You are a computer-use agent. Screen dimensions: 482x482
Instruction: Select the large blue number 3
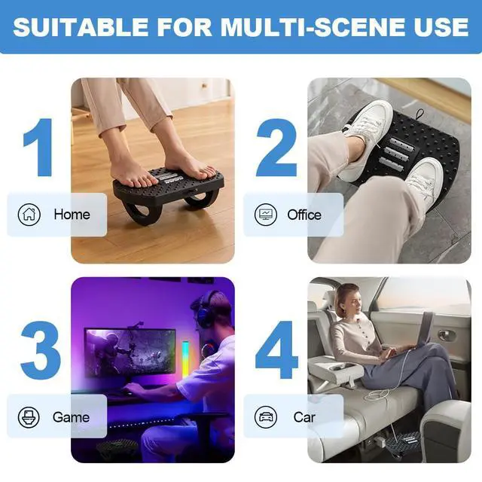click(40, 351)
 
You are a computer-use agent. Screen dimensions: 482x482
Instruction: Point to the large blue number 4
click(277, 351)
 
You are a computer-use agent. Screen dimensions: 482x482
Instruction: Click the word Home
click(72, 215)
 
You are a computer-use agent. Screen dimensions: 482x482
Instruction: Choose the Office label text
click(304, 215)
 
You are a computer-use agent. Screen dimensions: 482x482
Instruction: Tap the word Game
click(71, 416)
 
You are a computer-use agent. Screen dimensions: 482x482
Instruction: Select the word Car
click(304, 416)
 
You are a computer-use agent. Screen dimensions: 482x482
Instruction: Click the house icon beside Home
click(29, 215)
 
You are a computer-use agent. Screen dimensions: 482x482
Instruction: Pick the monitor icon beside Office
click(266, 215)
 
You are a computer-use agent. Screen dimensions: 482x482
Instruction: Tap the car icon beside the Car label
click(266, 416)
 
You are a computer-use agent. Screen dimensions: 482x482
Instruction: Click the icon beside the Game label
click(29, 416)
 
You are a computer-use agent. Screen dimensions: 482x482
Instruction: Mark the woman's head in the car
click(347, 298)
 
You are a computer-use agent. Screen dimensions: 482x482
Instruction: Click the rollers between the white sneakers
click(398, 151)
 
